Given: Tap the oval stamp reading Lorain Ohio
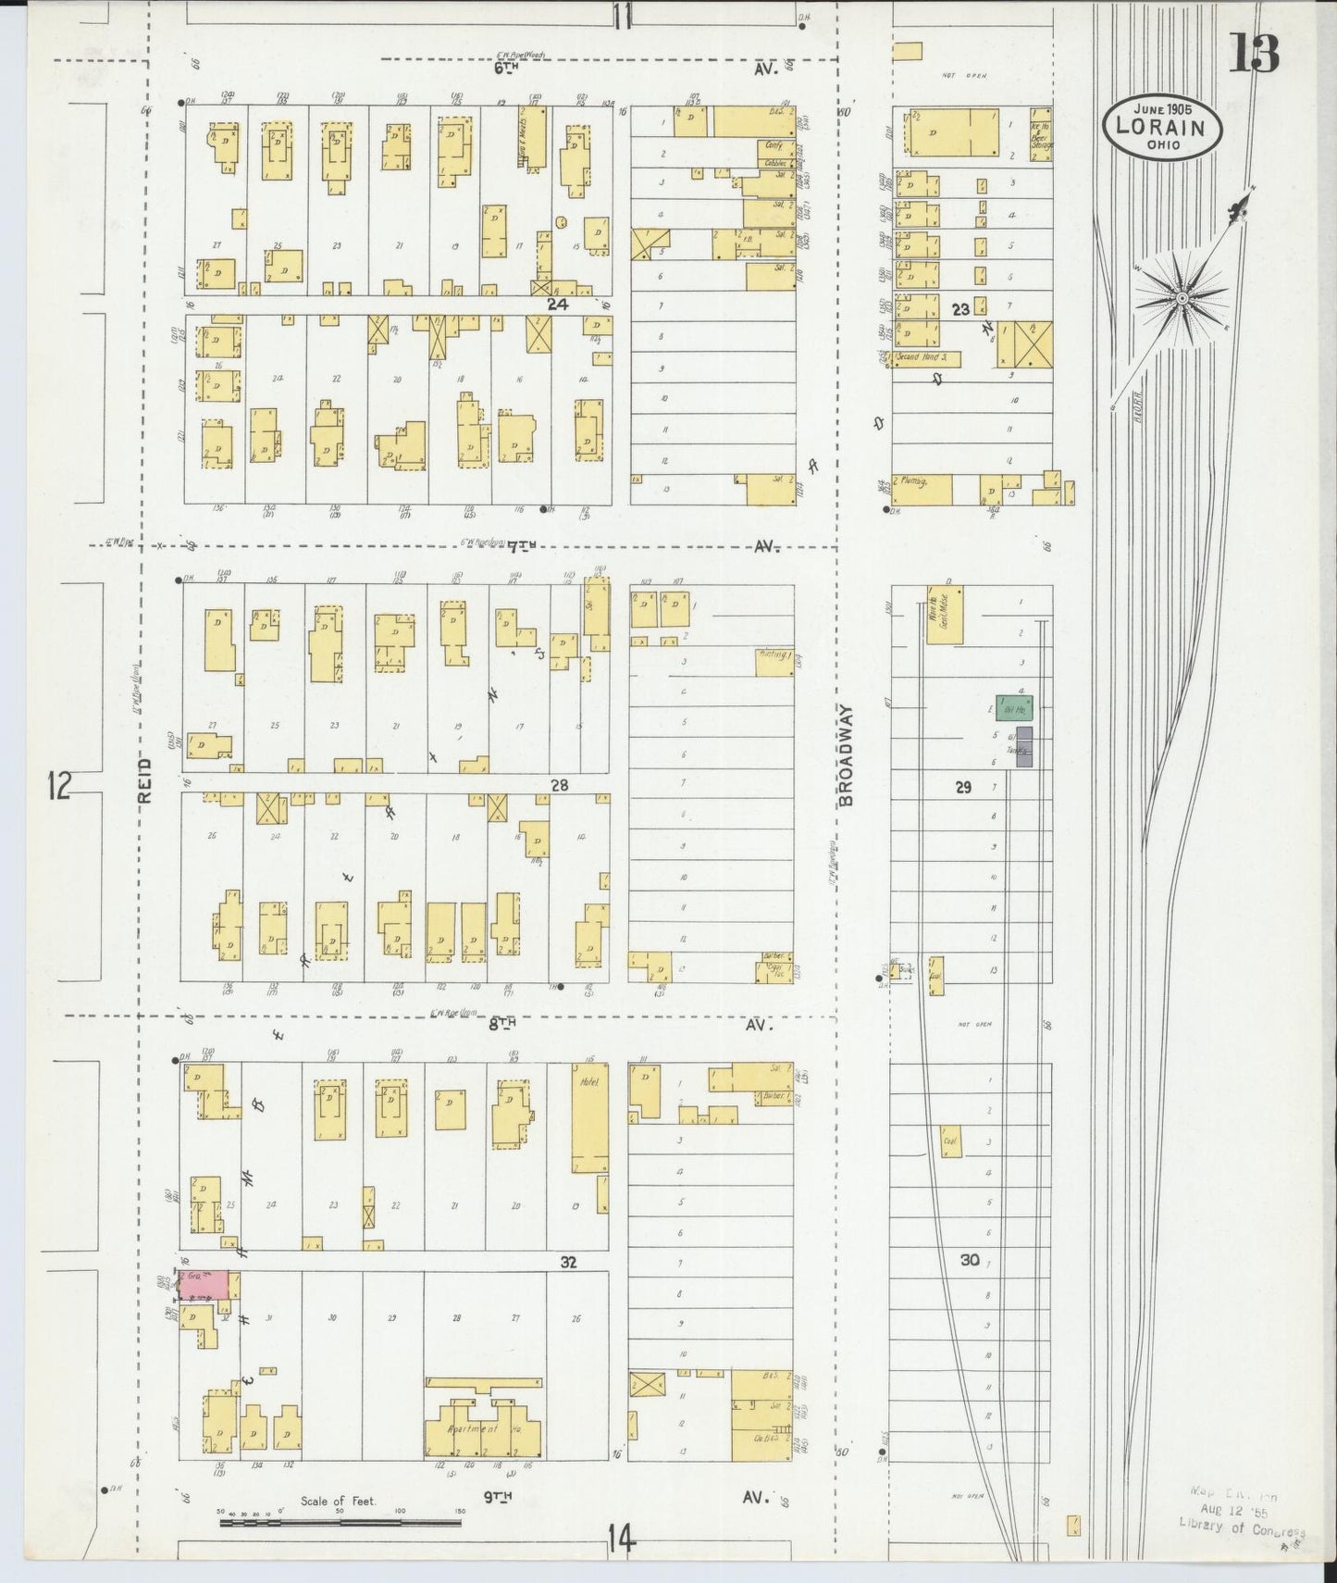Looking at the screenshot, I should (x=1162, y=125).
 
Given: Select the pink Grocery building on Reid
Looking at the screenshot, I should (x=204, y=1283).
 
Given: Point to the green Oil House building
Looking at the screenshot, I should (x=1014, y=709).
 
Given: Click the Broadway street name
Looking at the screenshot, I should (x=847, y=754).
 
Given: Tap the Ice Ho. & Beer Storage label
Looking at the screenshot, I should (x=1039, y=135).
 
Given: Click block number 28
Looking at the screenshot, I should (x=559, y=785).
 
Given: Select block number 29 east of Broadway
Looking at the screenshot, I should (x=963, y=787).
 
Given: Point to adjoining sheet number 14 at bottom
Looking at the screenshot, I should (x=622, y=1540).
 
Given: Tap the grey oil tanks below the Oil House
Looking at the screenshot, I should (x=1023, y=746).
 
